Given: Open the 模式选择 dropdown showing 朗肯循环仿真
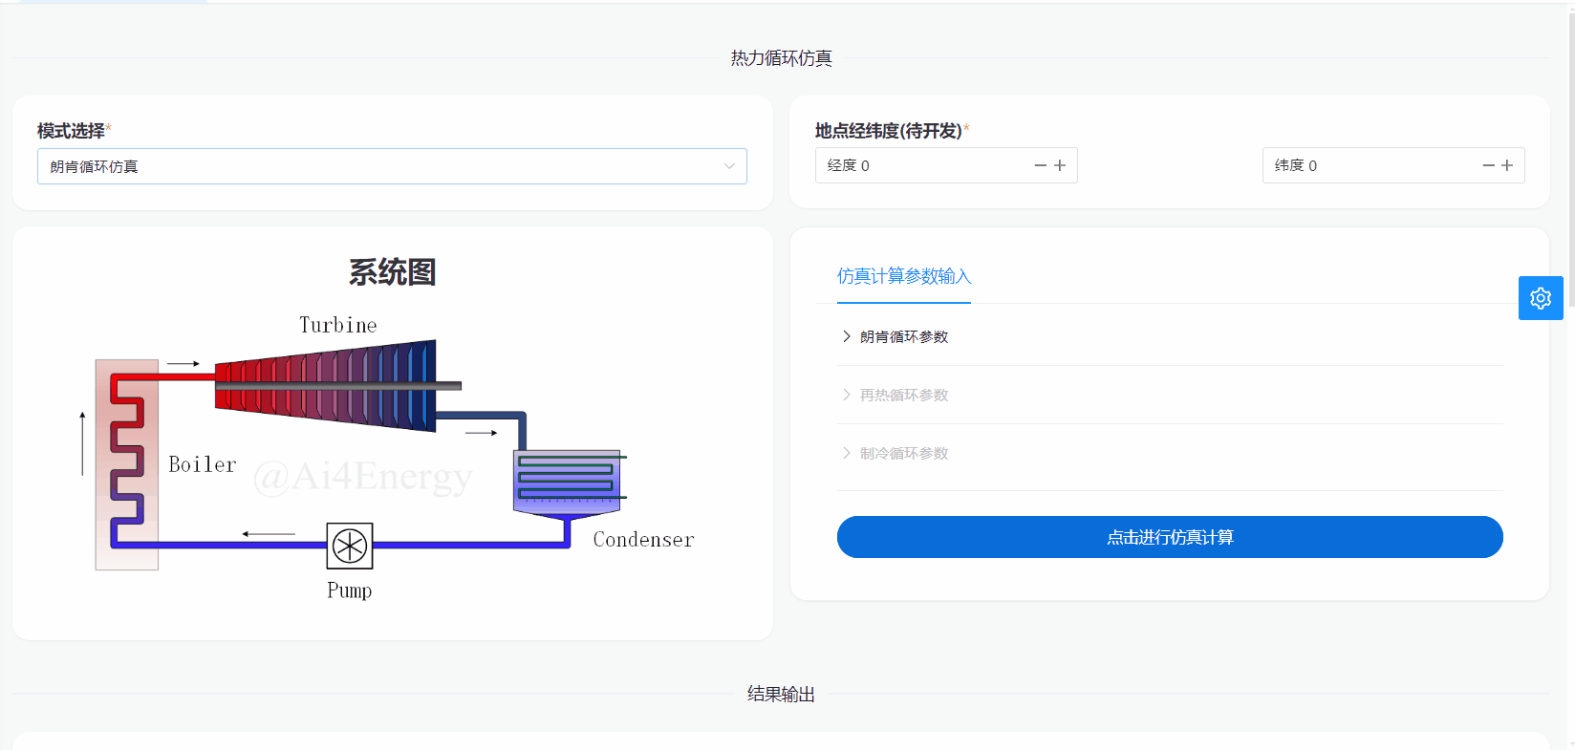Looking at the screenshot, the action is pyautogui.click(x=392, y=166).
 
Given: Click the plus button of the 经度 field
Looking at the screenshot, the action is pyautogui.click(x=1060, y=166).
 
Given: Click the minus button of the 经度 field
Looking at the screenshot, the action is pyautogui.click(x=1040, y=166).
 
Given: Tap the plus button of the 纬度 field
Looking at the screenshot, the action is pyautogui.click(x=1507, y=166).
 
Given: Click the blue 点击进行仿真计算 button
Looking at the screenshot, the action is pyautogui.click(x=1169, y=537).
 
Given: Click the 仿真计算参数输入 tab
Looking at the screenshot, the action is pyautogui.click(x=903, y=276).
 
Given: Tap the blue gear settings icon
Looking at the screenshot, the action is pyautogui.click(x=1541, y=298).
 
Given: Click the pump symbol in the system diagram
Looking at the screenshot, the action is pyautogui.click(x=350, y=546).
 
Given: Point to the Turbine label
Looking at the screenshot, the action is pyautogui.click(x=338, y=325).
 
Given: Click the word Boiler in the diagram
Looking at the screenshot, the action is pyautogui.click(x=203, y=464).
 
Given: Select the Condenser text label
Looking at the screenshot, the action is pyautogui.click(x=643, y=539).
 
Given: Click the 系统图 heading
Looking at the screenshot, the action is pyautogui.click(x=393, y=273).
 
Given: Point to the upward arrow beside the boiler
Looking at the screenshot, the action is pyautogui.click(x=82, y=443).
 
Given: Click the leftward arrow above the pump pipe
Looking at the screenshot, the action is pyautogui.click(x=269, y=534).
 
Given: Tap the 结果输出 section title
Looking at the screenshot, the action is pyautogui.click(x=781, y=695).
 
